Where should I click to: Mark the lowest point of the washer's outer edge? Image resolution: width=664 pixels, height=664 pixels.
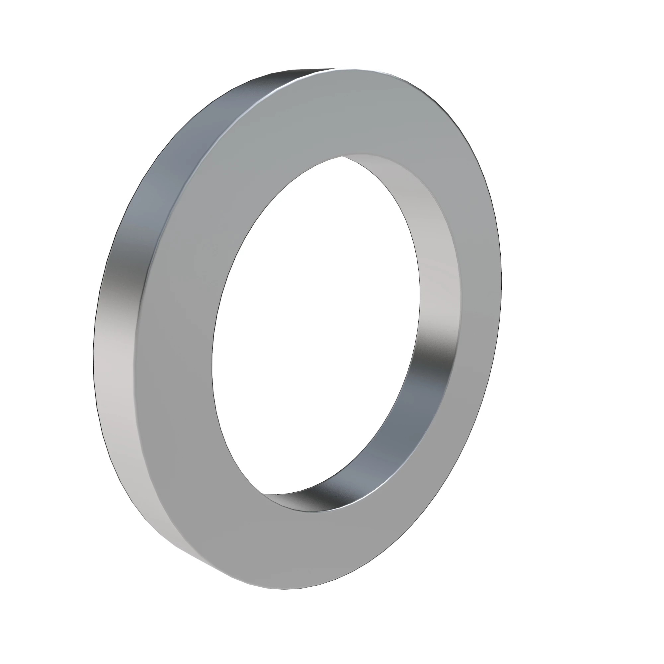coord(285,590)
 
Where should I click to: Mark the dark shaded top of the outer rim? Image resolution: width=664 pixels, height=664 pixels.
coord(275,82)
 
